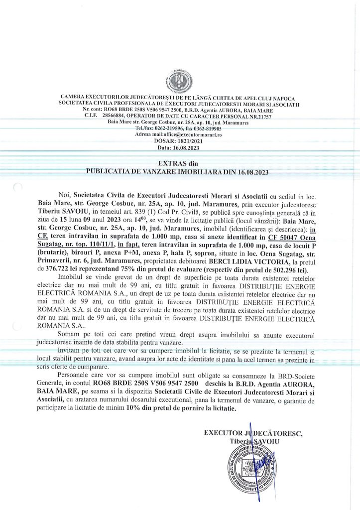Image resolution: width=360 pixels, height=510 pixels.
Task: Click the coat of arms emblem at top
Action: [x=180, y=81]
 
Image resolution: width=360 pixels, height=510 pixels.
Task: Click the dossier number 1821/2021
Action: [x=189, y=141]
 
